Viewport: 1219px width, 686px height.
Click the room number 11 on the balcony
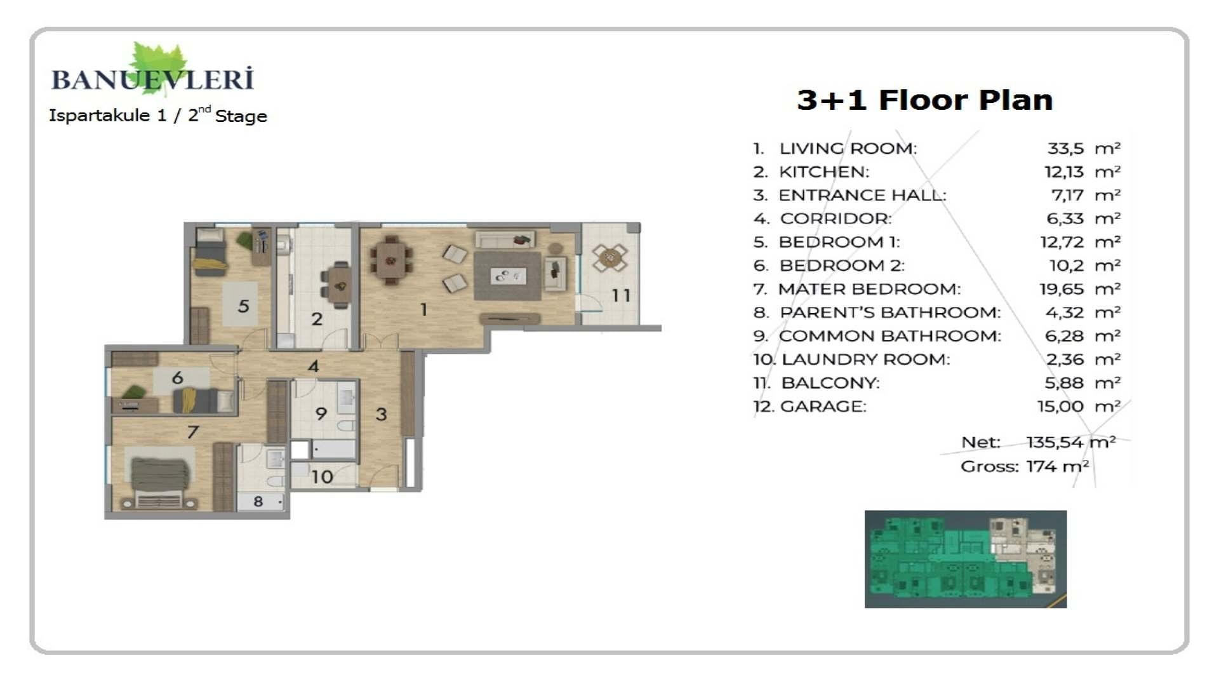[621, 295]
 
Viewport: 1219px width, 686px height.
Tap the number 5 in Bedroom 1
[243, 306]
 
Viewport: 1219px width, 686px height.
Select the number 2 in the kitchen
[317, 319]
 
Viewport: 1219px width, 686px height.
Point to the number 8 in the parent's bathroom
[258, 501]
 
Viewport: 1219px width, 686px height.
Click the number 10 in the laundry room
[322, 476]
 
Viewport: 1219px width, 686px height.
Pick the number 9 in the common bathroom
[321, 414]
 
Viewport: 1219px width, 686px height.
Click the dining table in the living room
[391, 260]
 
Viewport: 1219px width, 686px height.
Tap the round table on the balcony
[609, 258]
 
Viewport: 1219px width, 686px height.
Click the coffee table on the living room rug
[508, 276]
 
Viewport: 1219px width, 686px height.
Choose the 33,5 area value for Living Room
[1065, 149]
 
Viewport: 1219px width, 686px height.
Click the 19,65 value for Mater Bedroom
[1061, 289]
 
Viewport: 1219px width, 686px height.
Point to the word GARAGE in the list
[823, 407]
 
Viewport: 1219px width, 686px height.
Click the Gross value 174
[1041, 466]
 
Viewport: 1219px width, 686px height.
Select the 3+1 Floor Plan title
[924, 100]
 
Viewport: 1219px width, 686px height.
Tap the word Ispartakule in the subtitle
[99, 116]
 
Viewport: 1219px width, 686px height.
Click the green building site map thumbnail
[965, 559]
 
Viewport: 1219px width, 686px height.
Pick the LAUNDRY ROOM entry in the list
[865, 360]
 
